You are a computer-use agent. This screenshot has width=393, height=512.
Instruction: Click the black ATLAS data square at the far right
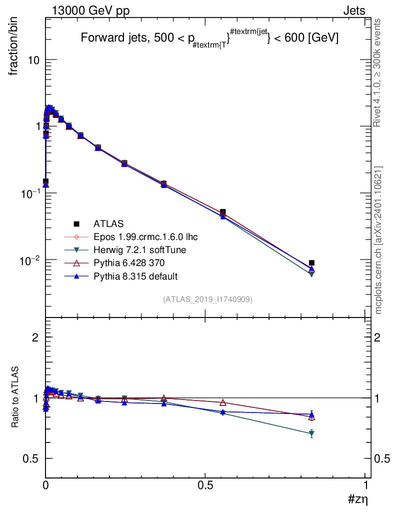[311, 262]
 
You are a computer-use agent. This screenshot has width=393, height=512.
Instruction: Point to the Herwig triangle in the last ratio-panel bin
[311, 433]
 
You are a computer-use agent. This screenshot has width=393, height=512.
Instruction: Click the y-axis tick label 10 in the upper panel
[33, 60]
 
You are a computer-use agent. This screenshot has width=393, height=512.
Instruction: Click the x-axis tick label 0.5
[205, 486]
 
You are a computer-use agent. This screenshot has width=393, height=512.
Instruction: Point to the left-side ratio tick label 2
[35, 337]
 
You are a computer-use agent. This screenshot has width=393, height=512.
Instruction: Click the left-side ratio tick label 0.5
[31, 458]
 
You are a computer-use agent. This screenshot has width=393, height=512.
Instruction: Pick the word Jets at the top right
[353, 10]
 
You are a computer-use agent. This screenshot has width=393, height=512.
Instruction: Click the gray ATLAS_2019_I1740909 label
[207, 299]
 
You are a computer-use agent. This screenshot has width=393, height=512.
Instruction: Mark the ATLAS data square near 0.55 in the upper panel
[222, 212]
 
